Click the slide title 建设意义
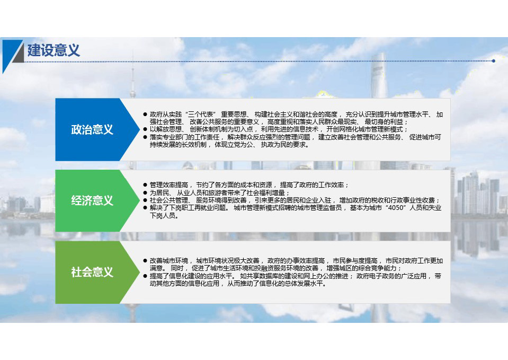coord(54,50)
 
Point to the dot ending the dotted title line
coord(493,61)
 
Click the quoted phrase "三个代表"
coord(201,115)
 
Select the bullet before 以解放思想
coord(145,129)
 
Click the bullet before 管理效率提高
coord(145,185)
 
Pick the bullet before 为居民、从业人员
coord(145,192)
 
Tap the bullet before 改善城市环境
coord(145,261)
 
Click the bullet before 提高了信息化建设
coord(145,276)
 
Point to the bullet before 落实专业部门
coord(145,137)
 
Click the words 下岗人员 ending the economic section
coord(162,216)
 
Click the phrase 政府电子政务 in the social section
coord(376,276)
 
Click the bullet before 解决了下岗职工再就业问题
coord(145,208)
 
